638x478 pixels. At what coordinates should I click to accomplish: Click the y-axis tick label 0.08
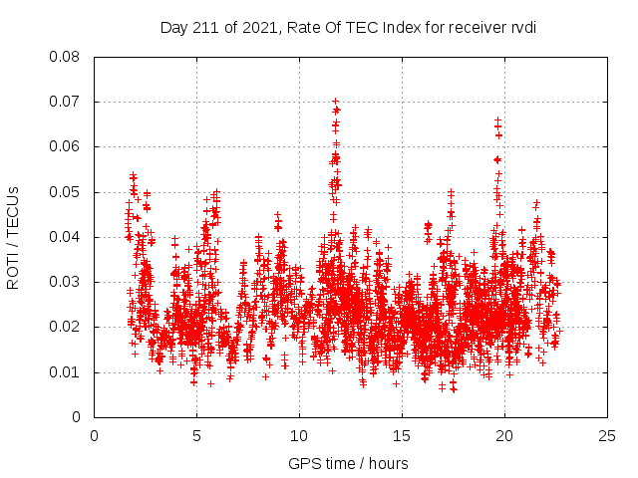coord(66,57)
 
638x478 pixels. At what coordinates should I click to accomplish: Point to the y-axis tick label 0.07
coord(66,102)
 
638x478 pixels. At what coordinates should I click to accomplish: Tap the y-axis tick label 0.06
coord(66,146)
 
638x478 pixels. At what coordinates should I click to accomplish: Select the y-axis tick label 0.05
coord(66,192)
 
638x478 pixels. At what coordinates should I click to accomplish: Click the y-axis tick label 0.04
coord(66,237)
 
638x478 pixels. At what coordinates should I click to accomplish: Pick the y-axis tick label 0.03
coord(66,282)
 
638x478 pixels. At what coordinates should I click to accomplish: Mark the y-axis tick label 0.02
coord(66,327)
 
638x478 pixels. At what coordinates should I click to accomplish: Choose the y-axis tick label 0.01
coord(66,372)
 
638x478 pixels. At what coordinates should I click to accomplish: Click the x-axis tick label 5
coord(196,436)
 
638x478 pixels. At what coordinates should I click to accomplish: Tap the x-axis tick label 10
coord(299,436)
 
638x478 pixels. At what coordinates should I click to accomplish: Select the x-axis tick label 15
coord(402,436)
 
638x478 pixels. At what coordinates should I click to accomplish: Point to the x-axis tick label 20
coord(504,436)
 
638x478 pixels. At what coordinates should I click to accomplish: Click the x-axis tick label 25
coord(607,436)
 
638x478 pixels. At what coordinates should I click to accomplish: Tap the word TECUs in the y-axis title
coord(14,210)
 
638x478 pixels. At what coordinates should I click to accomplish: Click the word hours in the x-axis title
coord(387,463)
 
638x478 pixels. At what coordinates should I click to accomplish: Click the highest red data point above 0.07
coord(336,101)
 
